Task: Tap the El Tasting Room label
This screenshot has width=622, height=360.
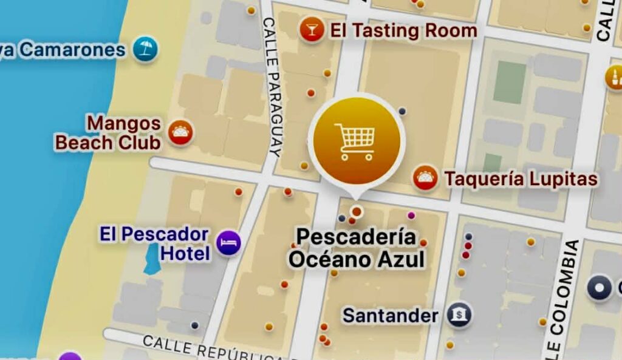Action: coord(403,30)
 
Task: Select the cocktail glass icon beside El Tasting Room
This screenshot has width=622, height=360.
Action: coord(312,30)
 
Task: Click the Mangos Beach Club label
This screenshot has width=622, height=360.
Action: coord(109,133)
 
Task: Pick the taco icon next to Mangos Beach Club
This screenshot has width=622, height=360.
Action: coord(180,133)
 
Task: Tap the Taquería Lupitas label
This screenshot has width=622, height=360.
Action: coord(521,179)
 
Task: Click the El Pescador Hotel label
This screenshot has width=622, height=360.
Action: coord(155,243)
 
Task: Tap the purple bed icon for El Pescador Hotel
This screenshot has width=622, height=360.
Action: coord(228,243)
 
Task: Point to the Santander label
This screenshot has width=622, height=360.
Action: coord(390,316)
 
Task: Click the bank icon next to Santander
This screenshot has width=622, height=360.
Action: coord(459,314)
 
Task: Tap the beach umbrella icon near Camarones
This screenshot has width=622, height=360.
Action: coord(145,49)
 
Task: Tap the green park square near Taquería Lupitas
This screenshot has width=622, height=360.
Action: coord(509,82)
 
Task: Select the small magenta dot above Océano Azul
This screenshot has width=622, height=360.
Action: coord(411,215)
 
